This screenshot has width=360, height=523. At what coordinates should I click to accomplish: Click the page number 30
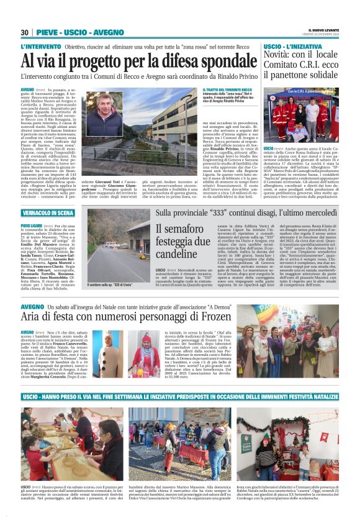(x=25, y=32)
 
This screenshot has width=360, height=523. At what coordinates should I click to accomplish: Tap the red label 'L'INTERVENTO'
(x=40, y=47)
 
